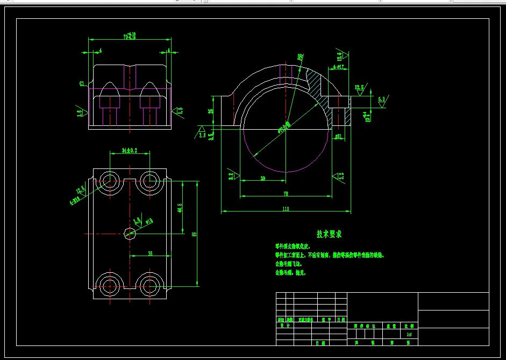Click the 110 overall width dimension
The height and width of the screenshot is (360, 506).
(285, 208)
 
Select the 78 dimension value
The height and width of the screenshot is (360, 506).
(285, 193)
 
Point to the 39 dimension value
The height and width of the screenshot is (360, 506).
(262, 178)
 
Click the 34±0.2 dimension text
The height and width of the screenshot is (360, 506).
(130, 151)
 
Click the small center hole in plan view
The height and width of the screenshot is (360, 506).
(130, 233)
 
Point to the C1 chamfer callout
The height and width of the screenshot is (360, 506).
(82, 83)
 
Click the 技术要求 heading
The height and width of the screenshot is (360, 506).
(329, 234)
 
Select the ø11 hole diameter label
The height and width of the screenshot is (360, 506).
(338, 137)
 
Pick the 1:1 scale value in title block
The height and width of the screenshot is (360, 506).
(410, 334)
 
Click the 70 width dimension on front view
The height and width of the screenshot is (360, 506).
(129, 37)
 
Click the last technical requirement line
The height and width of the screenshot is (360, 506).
(290, 273)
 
